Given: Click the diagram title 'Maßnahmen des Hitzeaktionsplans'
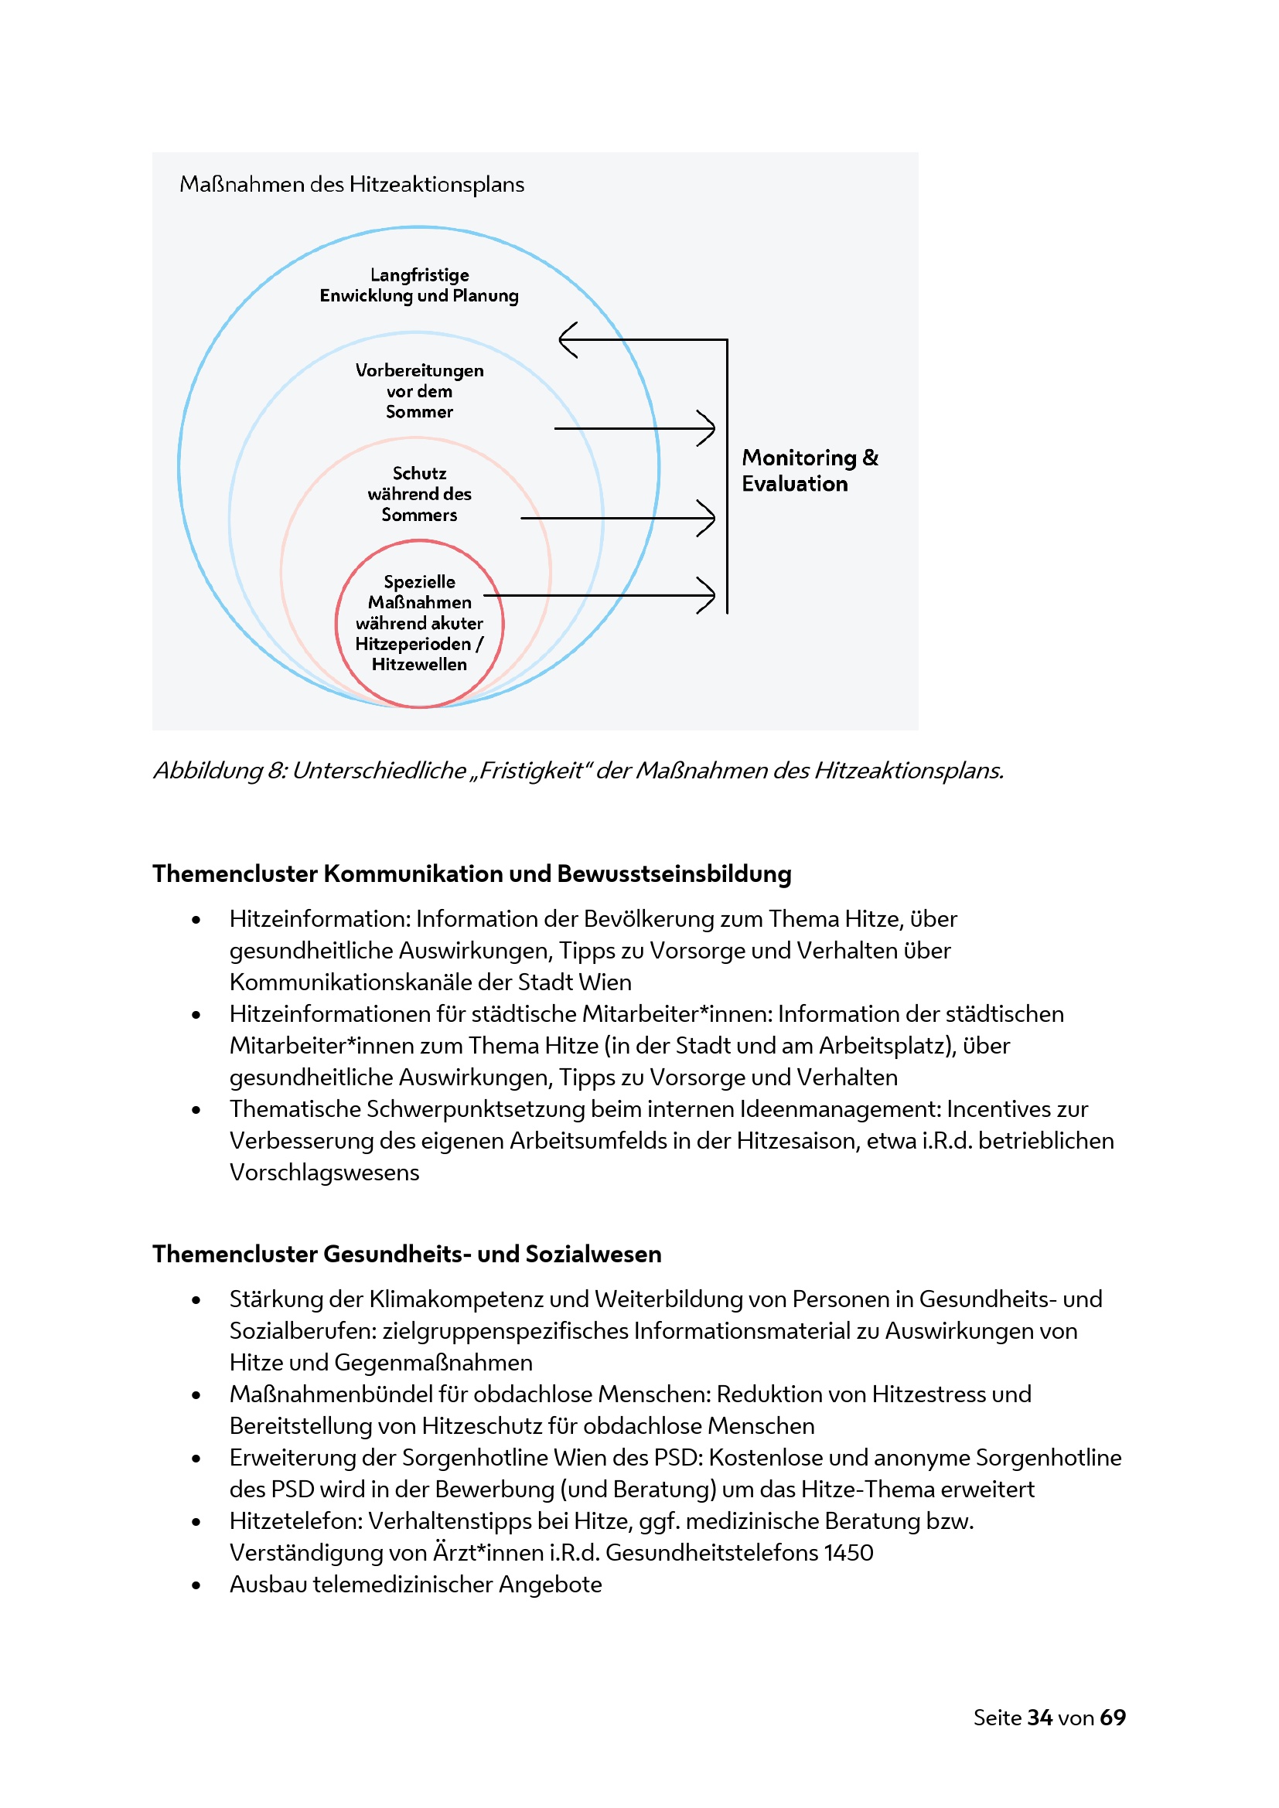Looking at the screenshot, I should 351,184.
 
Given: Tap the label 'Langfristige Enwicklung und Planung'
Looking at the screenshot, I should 419,285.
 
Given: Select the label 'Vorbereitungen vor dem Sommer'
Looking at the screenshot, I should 419,390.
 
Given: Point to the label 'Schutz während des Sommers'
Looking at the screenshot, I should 419,494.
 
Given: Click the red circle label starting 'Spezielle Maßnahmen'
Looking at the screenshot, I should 419,622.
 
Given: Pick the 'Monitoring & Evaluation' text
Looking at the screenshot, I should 809,470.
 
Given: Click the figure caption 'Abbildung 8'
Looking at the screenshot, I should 578,770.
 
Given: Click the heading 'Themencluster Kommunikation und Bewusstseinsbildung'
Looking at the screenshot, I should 472,873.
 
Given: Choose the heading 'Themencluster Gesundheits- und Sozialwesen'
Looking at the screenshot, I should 407,1254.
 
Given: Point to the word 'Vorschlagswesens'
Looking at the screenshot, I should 325,1172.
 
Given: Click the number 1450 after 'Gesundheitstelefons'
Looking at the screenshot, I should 848,1552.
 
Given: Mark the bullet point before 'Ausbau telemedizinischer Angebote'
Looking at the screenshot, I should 196,1585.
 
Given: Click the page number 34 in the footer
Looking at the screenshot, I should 1039,1718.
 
